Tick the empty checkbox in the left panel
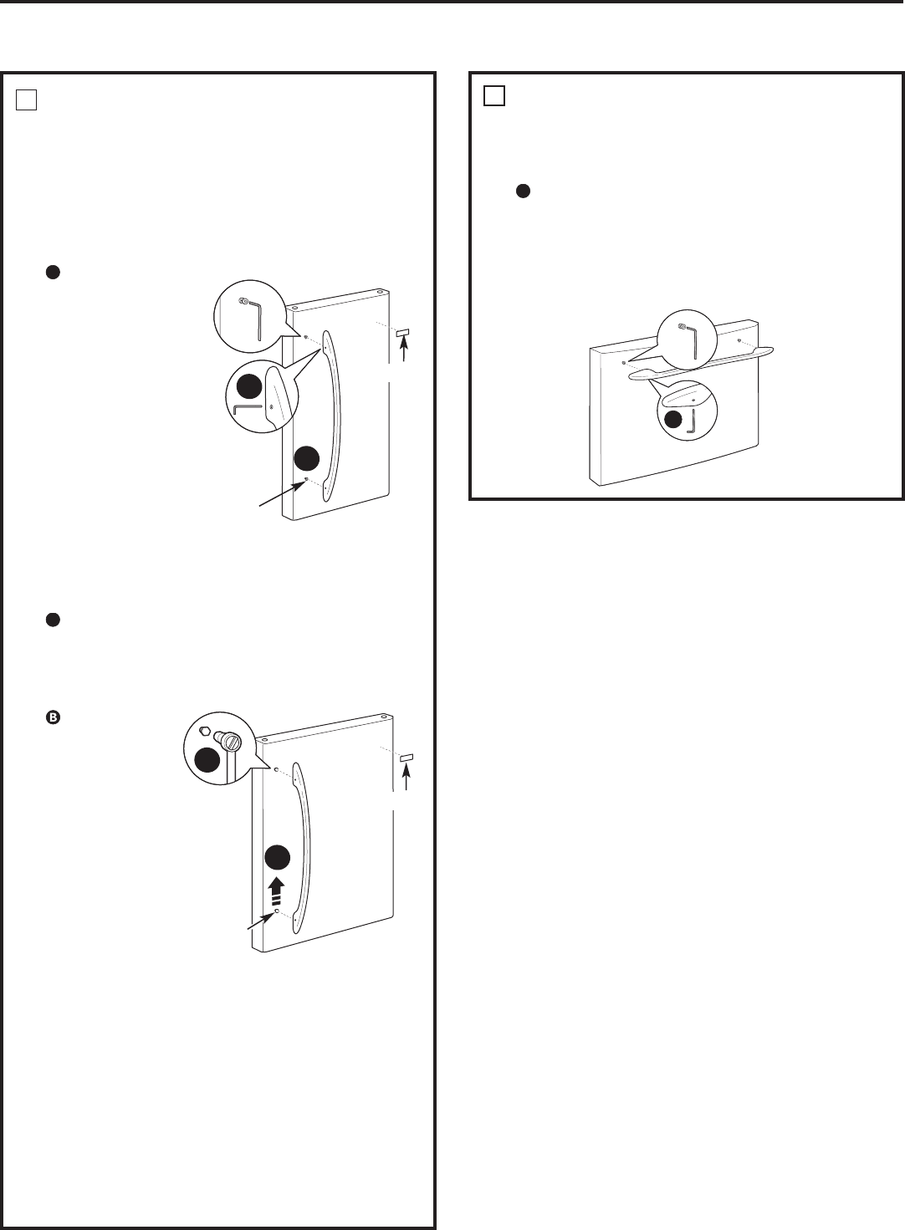click(27, 100)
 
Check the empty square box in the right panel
click(494, 95)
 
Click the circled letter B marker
click(53, 717)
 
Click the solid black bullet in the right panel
click(523, 191)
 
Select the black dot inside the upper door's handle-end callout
click(249, 386)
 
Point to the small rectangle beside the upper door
click(403, 333)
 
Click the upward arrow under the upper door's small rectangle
click(404, 350)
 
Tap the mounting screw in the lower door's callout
click(231, 742)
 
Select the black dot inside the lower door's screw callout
click(207, 759)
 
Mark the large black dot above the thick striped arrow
click(278, 858)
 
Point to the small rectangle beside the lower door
click(407, 758)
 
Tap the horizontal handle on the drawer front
click(701, 364)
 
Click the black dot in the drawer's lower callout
click(674, 420)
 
